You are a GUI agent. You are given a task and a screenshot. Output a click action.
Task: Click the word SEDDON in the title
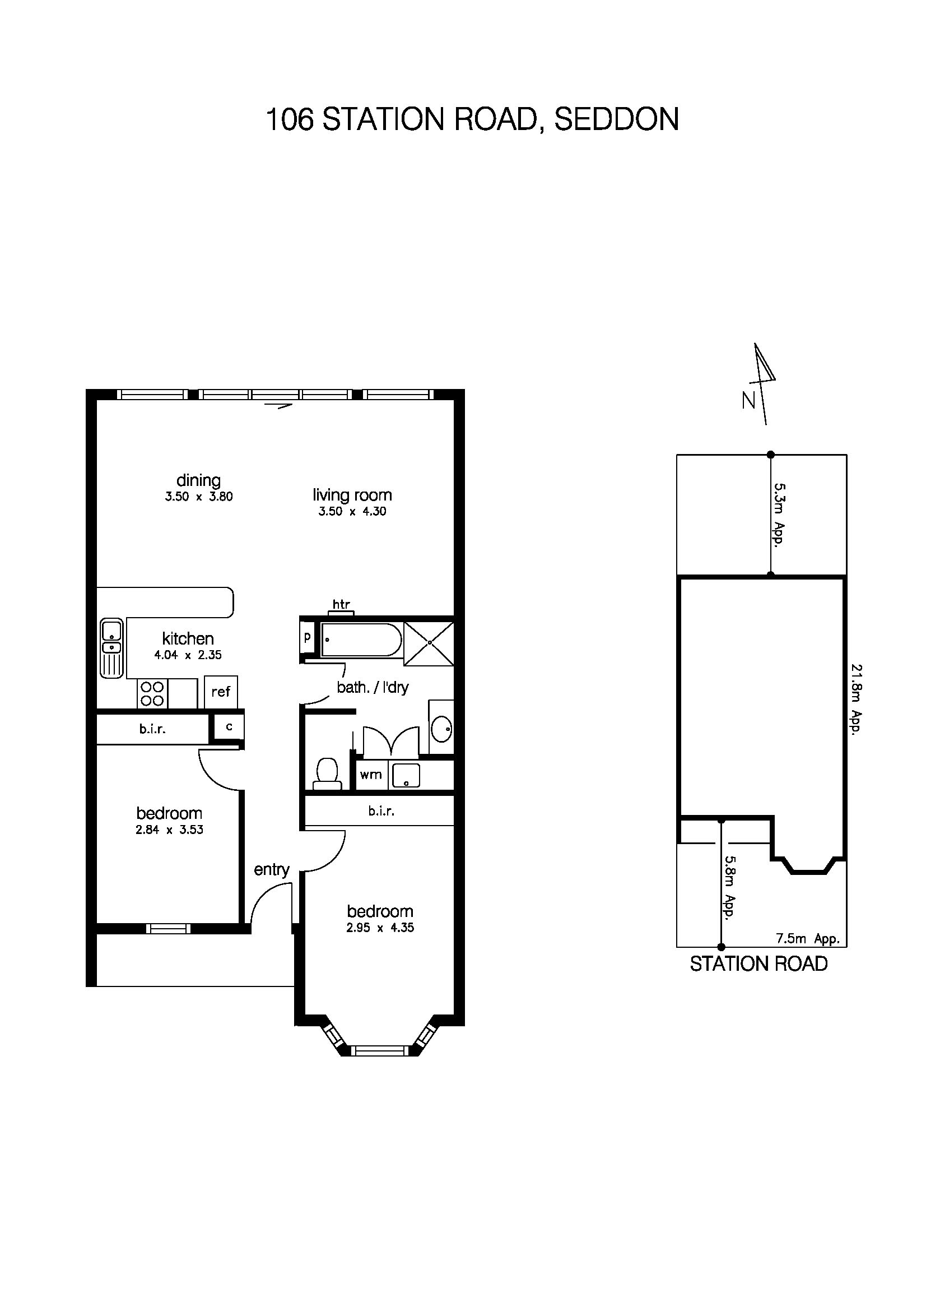coord(616,120)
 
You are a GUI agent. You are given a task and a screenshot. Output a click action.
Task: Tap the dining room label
coord(198,480)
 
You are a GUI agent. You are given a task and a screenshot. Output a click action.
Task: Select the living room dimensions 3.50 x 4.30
coord(352,512)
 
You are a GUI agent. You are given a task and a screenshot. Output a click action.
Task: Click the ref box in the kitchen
coord(221,692)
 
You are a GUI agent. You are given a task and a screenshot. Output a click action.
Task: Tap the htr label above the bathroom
coord(341,604)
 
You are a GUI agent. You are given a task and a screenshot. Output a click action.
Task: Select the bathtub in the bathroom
coord(361,640)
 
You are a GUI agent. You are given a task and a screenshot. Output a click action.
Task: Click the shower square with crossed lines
coord(429,643)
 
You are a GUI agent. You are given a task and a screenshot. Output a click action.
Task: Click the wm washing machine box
coord(371,775)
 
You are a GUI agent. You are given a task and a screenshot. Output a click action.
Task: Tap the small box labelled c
coord(229,727)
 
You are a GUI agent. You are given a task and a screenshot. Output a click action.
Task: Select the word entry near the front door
coord(272,869)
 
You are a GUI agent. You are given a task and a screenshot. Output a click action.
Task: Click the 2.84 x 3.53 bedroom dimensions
coord(169,830)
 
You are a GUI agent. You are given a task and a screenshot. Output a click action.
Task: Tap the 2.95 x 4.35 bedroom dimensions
coord(380,928)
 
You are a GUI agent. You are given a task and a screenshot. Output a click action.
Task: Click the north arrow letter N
coord(748,401)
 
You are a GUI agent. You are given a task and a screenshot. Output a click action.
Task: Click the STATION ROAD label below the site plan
coord(759,964)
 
